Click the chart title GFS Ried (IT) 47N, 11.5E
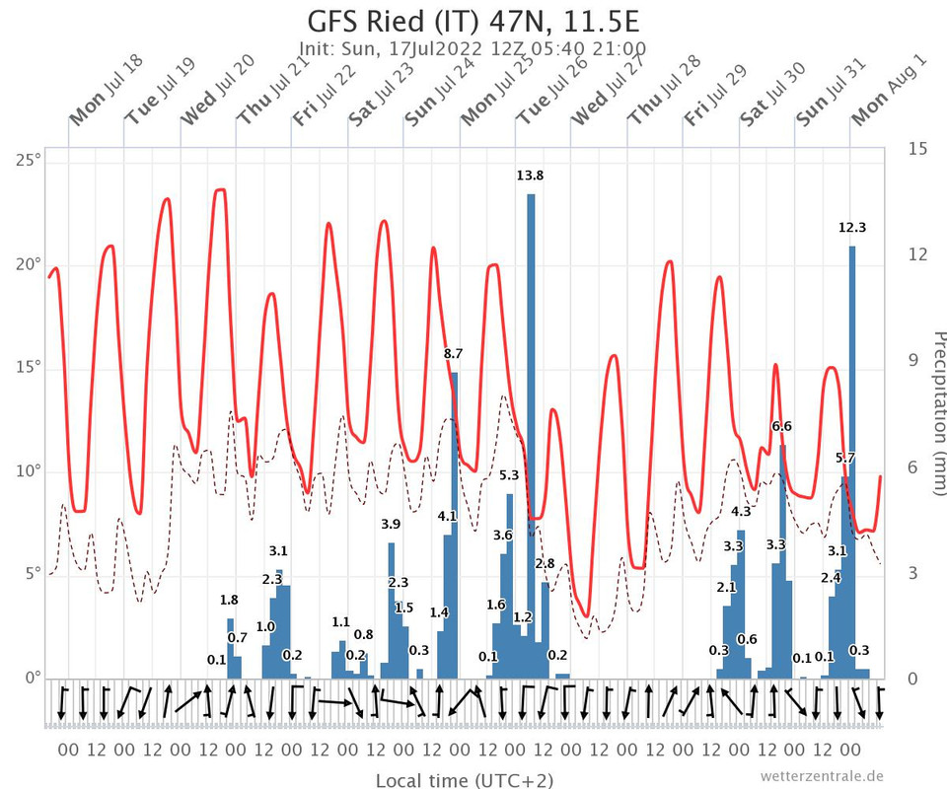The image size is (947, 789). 473,21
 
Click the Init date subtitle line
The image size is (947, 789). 473,48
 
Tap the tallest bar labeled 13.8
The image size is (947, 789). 531,434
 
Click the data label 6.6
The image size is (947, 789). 781,426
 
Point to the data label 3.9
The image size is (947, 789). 391,524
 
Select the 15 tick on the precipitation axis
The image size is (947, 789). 917,149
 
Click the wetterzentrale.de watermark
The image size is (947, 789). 822,775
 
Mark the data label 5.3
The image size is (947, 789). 509,475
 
